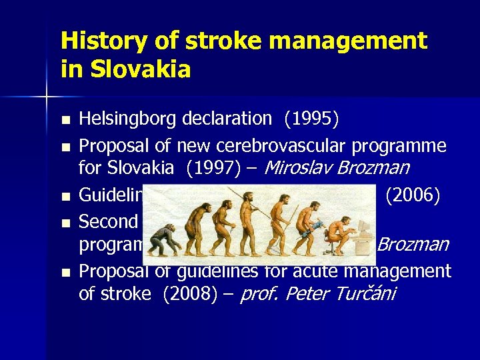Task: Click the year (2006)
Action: tap(413, 195)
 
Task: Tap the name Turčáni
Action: tap(364, 294)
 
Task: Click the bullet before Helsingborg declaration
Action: tap(65, 121)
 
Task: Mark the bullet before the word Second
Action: tap(65, 223)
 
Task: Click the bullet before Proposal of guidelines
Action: tap(65, 273)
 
